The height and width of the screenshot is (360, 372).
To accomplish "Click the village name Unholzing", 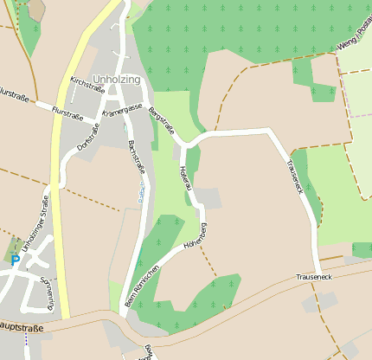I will click(x=116, y=80).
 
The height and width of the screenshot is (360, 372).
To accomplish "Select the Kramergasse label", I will click(x=122, y=112).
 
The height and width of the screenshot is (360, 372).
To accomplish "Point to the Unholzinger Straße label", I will click(x=35, y=223).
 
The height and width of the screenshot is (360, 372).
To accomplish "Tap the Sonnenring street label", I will click(x=48, y=293).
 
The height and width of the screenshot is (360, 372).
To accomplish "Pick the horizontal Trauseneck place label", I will click(x=313, y=276).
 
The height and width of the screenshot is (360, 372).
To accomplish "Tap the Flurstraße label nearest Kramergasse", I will click(x=67, y=111).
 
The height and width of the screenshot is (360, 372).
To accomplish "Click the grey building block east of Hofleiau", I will click(x=208, y=198).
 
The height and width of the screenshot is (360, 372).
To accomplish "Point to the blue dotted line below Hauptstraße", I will click(x=26, y=344).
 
